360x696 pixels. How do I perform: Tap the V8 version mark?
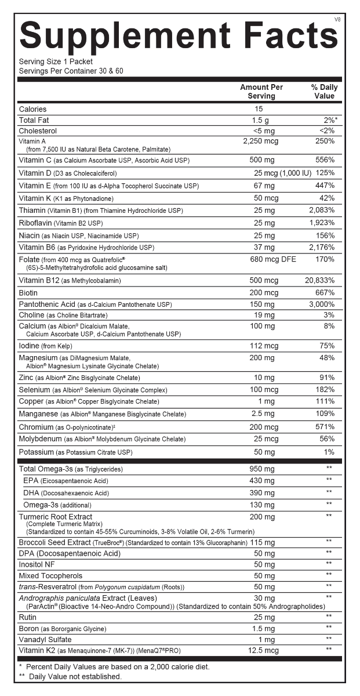point(337,20)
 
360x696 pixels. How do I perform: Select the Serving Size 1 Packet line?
point(56,61)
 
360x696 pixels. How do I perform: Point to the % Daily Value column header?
point(324,92)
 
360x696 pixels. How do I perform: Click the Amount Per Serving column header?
point(261,92)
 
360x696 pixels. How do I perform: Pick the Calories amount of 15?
point(259,109)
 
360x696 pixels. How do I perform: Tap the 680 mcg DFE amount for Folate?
point(272,259)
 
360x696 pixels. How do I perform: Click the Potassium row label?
point(36,452)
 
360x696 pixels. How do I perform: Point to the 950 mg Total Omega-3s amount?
point(261,469)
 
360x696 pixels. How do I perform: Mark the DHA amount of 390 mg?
point(261,492)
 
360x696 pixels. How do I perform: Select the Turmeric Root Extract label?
point(55,517)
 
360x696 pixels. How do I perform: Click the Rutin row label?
point(28,617)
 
